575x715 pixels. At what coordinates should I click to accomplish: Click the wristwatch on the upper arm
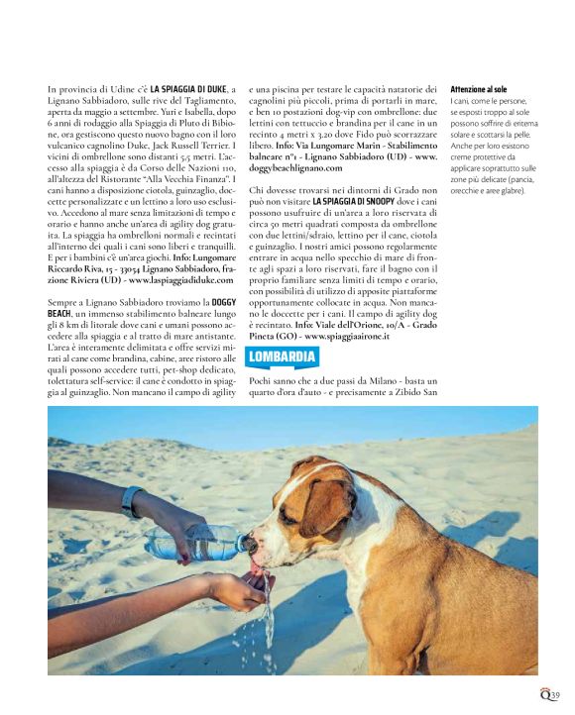131,502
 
